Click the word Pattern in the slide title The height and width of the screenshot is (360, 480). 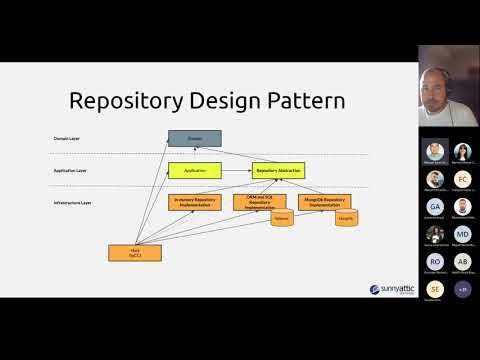coord(306,101)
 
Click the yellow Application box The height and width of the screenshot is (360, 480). coord(194,171)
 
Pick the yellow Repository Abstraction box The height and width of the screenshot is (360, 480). coord(277,171)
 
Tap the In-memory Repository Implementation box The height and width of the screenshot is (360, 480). coord(194,202)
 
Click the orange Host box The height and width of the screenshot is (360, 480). coord(135,253)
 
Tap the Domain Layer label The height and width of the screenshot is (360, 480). coord(67,137)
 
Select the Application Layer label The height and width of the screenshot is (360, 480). coord(69,171)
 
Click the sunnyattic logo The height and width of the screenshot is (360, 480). coord(387,289)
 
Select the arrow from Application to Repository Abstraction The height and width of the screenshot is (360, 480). coord(236,171)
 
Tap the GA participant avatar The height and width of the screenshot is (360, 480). coord(434,206)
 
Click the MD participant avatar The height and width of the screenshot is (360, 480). coord(462,234)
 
